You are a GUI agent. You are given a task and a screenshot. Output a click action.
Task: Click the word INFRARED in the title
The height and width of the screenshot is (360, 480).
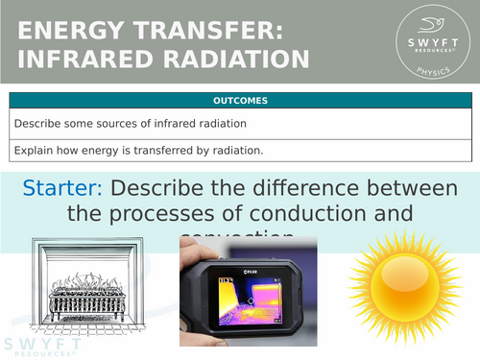(84, 59)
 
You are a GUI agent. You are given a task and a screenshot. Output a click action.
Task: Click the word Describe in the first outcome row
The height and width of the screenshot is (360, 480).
(36, 123)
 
